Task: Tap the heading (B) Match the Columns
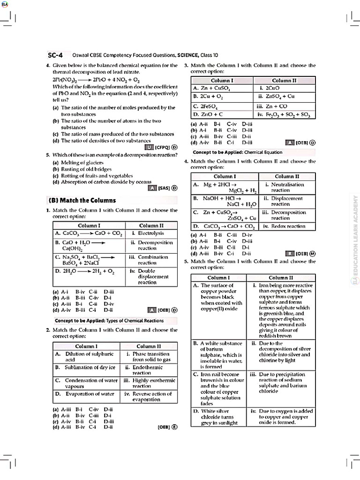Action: [82, 200]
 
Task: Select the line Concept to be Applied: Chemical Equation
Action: [238, 152]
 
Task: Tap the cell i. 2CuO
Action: [284, 88]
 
